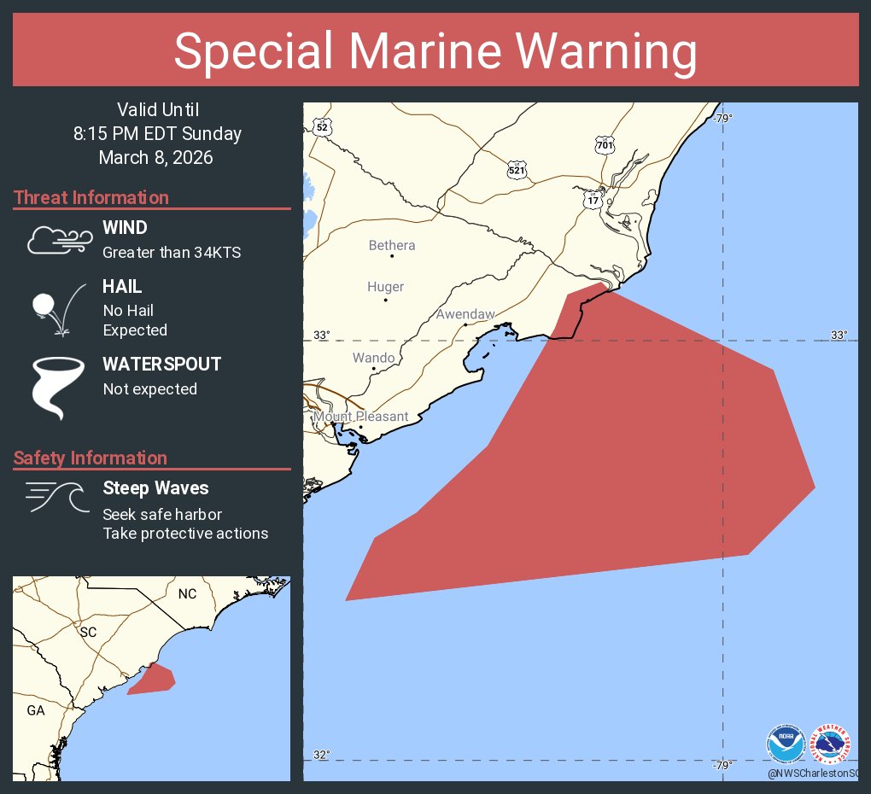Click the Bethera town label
click(392, 246)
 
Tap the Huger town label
click(385, 288)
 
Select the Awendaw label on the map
click(465, 314)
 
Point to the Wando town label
click(374, 358)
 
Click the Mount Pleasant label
click(360, 417)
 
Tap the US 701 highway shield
click(605, 145)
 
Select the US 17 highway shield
click(593, 200)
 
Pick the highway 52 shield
click(322, 127)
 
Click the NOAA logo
click(786, 744)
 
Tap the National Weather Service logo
click(831, 744)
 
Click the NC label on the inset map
click(187, 593)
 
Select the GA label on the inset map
click(36, 710)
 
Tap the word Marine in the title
click(435, 51)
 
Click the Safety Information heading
click(91, 458)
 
